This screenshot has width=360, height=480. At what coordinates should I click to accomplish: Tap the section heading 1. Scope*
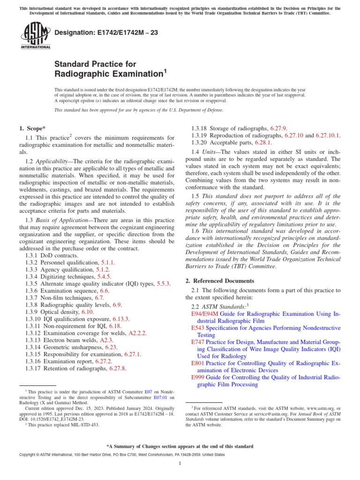tap(32, 128)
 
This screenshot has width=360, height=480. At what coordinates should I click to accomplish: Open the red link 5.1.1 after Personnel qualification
tap(106, 263)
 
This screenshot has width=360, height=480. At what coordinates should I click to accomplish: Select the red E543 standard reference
tap(198, 329)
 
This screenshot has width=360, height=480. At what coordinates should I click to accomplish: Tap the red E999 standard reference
tap(198, 377)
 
